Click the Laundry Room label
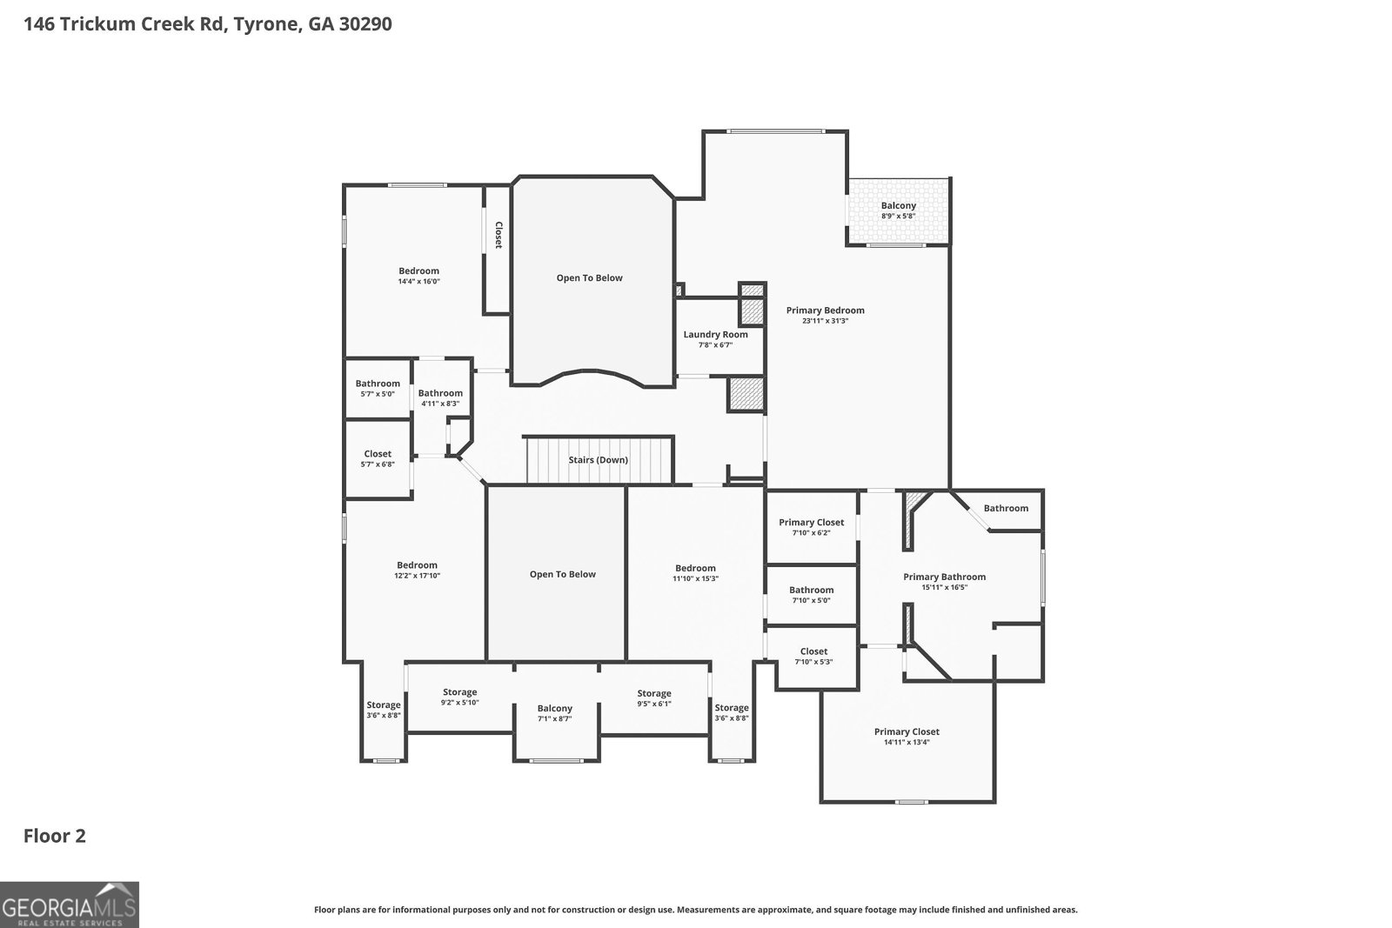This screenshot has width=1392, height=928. tap(715, 335)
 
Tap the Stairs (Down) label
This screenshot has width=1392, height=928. tap(598, 460)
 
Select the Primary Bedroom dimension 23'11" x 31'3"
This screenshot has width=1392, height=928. tap(825, 321)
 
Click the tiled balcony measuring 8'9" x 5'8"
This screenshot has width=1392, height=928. tap(899, 211)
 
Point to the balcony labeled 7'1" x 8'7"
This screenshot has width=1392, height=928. tap(554, 714)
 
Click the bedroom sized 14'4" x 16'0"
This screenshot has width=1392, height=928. tap(418, 276)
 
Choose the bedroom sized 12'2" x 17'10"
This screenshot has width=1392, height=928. tap(417, 570)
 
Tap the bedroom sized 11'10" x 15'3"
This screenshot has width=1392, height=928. tap(695, 573)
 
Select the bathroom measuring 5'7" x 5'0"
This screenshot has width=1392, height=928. tap(378, 388)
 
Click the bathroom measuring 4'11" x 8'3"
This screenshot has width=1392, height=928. tap(440, 397)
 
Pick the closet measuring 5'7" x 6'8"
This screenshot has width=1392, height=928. tap(378, 458)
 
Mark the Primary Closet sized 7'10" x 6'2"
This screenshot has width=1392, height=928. tap(811, 527)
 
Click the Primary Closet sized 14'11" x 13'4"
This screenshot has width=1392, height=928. tap(907, 737)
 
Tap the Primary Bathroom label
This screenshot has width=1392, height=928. tap(944, 577)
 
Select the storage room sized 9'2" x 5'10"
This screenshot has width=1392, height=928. tap(459, 697)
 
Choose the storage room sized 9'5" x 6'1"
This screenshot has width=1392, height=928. tap(653, 698)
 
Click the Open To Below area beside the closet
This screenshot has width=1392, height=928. tap(590, 278)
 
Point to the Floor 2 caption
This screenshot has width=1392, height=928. tap(54, 836)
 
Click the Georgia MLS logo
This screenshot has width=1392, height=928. tap(70, 905)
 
